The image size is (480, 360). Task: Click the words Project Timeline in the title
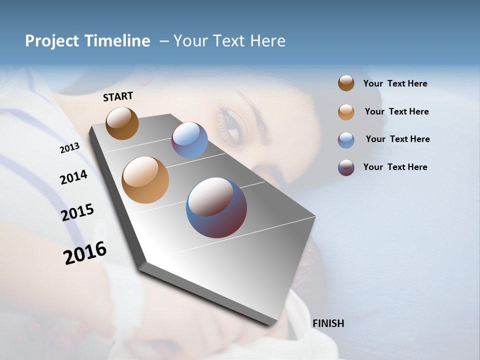87,41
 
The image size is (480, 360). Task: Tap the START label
118,96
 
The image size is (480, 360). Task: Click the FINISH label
328,323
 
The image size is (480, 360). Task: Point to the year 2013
69,148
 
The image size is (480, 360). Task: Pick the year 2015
77,212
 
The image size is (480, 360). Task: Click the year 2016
85,252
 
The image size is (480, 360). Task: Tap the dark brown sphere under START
122,123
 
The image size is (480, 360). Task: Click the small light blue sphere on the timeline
189,140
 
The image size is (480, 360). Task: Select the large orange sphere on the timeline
145,180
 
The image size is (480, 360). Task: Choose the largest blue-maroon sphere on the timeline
216,207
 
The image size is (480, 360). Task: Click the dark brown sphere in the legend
346,83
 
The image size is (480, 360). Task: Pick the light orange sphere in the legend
346,112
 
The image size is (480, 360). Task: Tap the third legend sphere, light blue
346,140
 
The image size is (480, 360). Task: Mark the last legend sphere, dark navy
346,167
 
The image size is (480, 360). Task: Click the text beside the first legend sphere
395,84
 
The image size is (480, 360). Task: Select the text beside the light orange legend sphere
396,111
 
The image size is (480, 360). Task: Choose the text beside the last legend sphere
395,167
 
